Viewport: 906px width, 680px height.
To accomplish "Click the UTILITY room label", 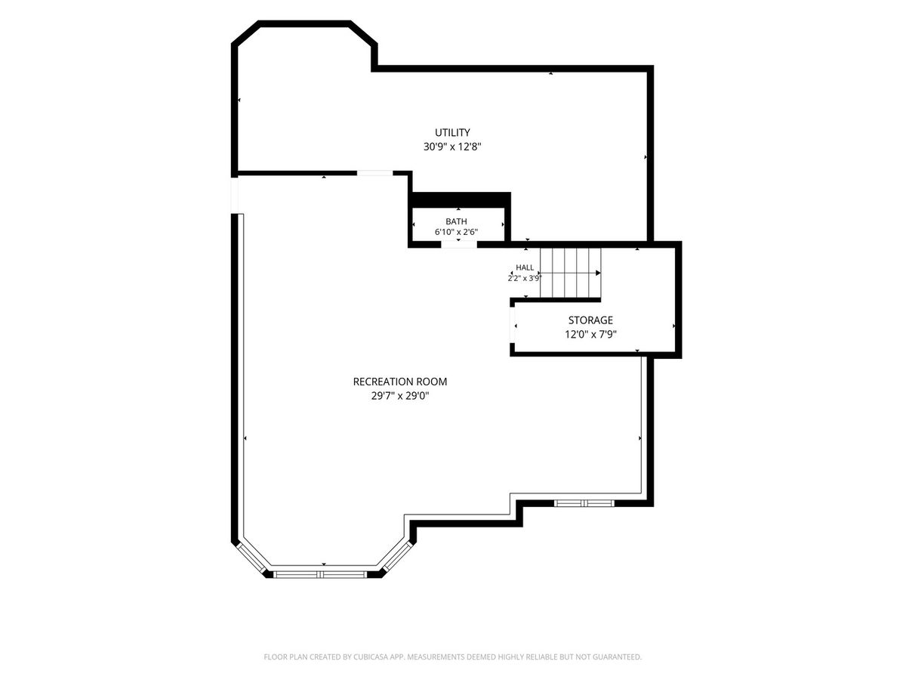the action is [x=452, y=132].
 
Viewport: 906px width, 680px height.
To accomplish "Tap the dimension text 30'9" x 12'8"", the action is [x=452, y=147].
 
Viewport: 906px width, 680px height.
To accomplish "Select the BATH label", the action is [x=456, y=221].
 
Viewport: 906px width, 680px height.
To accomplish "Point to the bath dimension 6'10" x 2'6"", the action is [x=456, y=232].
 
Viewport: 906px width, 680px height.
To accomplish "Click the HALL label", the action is [x=525, y=267].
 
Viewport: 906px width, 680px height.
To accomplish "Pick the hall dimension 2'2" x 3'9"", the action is [x=524, y=278].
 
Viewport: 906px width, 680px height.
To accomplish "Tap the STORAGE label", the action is [x=590, y=320].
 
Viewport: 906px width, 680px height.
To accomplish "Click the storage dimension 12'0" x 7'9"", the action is [x=590, y=334].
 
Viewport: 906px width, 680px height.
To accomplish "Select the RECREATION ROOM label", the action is [x=399, y=382].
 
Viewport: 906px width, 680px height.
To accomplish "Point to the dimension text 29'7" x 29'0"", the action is [x=399, y=396].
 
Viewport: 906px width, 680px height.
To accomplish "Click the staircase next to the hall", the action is [x=570, y=273].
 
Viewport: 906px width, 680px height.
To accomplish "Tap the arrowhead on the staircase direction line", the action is [x=598, y=273].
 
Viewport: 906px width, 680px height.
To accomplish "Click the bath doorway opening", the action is [x=459, y=244].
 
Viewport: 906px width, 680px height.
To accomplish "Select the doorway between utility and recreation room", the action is [x=374, y=173].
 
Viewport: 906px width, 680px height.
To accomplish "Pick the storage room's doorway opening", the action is [x=513, y=325].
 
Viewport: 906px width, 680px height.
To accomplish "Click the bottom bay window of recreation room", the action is [x=320, y=574].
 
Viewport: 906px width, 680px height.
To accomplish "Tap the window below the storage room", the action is [x=584, y=503].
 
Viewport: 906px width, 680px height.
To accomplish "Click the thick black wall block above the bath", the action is [x=461, y=199].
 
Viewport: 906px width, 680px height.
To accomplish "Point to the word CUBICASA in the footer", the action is [x=371, y=657].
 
